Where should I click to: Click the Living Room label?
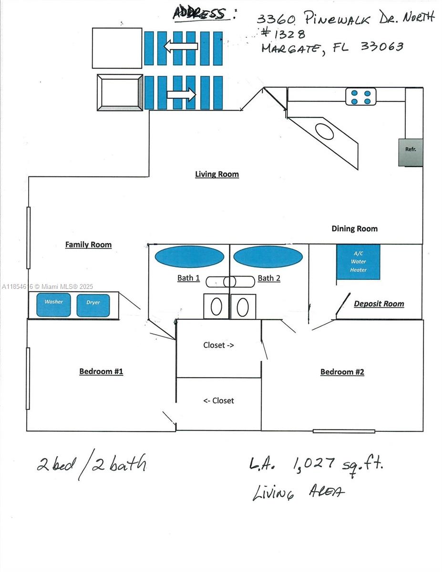tap(217, 174)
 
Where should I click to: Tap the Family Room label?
tap(89, 245)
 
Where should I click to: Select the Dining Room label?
tap(354, 228)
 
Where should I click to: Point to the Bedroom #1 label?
tap(101, 371)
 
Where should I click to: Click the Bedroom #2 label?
tap(342, 372)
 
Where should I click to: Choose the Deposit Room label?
tap(379, 304)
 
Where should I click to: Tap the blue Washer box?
tap(54, 305)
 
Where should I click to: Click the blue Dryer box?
tap(93, 306)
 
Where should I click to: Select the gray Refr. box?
tap(411, 153)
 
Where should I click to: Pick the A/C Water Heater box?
tap(358, 262)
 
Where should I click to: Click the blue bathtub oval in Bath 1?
tap(190, 256)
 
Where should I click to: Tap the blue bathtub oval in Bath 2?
tap(268, 256)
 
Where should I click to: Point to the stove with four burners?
tap(360, 97)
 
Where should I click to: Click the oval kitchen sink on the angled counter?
tap(324, 132)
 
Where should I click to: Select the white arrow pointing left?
tap(181, 46)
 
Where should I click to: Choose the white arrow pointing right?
tap(181, 94)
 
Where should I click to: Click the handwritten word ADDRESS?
tap(199, 13)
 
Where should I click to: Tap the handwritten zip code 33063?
tap(382, 46)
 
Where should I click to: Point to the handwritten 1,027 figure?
tap(314, 465)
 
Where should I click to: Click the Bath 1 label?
tap(188, 278)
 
